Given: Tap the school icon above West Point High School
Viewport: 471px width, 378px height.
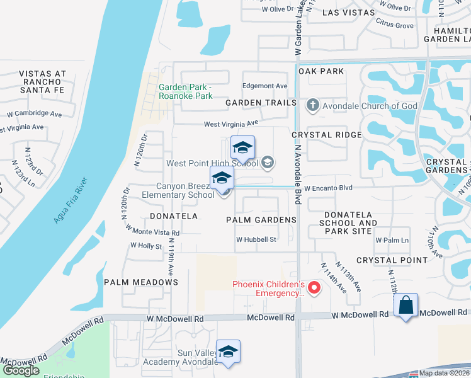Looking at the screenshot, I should pos(242,149).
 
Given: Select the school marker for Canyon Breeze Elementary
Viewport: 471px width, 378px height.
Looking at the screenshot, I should pos(222,178).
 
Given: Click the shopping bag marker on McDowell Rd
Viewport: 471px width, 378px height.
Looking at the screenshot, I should pos(406,306).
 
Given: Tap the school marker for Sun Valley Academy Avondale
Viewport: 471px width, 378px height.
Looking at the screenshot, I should pos(228,352).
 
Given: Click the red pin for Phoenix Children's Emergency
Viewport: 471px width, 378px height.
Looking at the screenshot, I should pos(314,289).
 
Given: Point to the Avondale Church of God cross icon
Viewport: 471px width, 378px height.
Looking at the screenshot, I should pos(312,105).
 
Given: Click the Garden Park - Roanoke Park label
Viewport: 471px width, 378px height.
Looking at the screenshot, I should pos(186,92).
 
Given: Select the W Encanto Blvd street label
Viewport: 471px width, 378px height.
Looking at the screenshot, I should pos(328,188).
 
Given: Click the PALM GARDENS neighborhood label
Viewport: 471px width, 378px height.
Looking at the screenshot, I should pos(261,219).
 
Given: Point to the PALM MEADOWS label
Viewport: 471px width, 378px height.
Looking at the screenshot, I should pos(141,282).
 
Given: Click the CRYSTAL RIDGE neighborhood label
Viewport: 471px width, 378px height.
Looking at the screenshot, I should pos(327,135).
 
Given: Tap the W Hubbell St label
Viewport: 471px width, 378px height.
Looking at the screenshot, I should pos(256,239).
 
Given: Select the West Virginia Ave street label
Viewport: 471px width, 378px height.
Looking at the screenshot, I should pos(230,123).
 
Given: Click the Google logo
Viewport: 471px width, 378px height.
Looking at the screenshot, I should pos(21,370).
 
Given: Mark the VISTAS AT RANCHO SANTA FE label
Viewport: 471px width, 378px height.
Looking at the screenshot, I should pos(43,82).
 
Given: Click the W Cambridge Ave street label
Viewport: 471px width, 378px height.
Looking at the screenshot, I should pos(35,114).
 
